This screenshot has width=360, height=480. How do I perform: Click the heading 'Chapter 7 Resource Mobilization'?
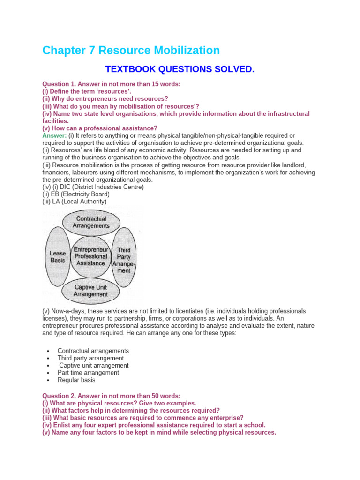coord(131,51)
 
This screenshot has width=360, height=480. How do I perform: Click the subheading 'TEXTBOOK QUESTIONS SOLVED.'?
coord(180,70)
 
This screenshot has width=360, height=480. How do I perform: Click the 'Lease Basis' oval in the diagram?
coord(58,256)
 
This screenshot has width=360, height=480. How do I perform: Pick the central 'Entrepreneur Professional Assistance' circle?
coord(90,256)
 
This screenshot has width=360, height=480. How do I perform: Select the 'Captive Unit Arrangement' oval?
coord(91,291)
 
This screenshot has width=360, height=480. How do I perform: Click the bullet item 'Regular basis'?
coord(76,380)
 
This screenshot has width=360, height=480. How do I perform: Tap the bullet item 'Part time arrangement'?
coord(88,373)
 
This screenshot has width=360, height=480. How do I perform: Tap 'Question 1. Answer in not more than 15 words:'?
coord(111,84)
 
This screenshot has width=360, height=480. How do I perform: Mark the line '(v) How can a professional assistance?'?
coord(100,128)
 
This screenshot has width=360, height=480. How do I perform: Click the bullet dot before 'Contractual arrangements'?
coord(48,351)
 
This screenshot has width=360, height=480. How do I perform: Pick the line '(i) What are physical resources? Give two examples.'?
coord(119,403)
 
